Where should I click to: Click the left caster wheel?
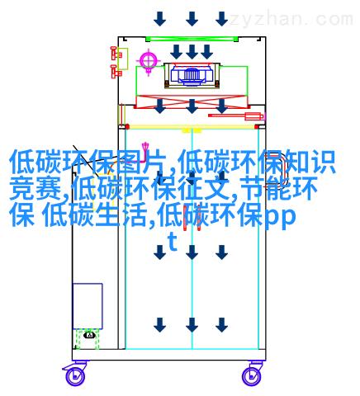pyautogui.click(x=75, y=376)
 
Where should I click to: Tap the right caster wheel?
pyautogui.click(x=251, y=376)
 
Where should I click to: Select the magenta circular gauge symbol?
pyautogui.click(x=149, y=60)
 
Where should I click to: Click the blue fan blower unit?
pyautogui.click(x=192, y=73)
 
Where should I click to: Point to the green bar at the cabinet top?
pyautogui.click(x=192, y=39)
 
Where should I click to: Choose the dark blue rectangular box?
pyautogui.click(x=88, y=306)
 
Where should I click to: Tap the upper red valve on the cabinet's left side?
pyautogui.click(x=116, y=54)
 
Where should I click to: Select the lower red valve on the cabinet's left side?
pyautogui.click(x=116, y=72)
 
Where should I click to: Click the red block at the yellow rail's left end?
pyautogui.click(x=127, y=127)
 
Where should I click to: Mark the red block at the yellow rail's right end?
pyautogui.click(x=257, y=127)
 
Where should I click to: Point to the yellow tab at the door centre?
pyautogui.click(x=192, y=130)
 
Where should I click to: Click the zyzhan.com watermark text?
pyautogui.click(x=291, y=19)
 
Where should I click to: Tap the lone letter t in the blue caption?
pyautogui.click(x=173, y=242)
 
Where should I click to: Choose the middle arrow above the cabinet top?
pyautogui.click(x=192, y=19)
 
